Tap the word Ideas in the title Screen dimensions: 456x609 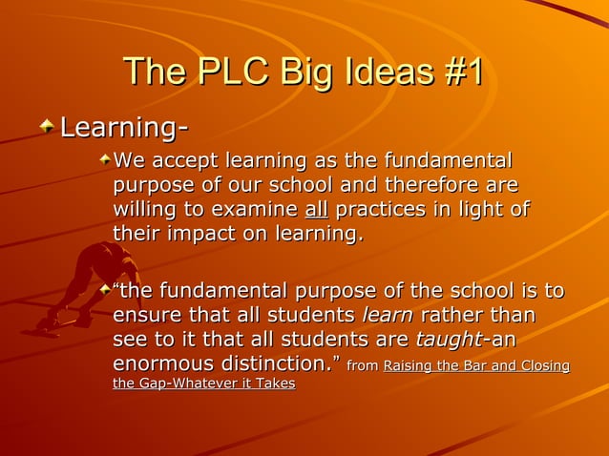click(x=377, y=74)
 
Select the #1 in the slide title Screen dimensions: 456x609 click(x=458, y=74)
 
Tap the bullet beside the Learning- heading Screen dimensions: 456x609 click(x=47, y=125)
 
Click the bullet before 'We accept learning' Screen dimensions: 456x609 click(x=104, y=155)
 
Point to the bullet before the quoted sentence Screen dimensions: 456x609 click(x=104, y=285)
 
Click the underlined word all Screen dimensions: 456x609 click(x=316, y=208)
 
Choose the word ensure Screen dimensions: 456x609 click(x=143, y=315)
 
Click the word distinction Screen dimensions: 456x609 click(x=274, y=364)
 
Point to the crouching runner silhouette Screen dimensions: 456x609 click(x=91, y=286)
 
